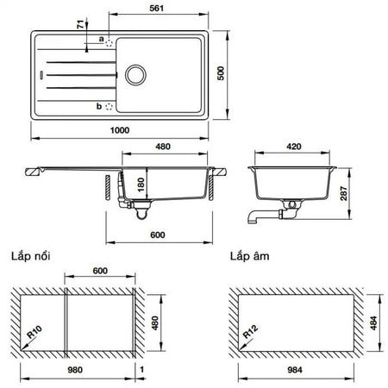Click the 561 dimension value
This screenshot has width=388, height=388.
156,8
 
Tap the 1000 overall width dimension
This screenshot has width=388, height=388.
120,130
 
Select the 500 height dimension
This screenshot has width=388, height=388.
221,73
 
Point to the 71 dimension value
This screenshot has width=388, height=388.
82,24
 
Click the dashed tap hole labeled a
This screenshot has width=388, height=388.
109,43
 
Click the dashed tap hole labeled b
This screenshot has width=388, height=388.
109,107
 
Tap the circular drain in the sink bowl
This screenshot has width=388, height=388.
135,75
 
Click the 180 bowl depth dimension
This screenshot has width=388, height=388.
141,185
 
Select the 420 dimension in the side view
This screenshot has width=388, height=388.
294,147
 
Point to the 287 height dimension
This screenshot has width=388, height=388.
344,193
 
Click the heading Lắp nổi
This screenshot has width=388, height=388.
31,256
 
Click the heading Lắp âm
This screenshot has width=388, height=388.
249,256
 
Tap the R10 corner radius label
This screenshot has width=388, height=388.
34,332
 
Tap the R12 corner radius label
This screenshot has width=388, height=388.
250,332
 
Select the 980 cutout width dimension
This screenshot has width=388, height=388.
75,370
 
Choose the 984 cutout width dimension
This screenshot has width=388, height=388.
295,370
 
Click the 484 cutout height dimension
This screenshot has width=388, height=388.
373,323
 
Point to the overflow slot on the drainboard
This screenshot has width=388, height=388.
42,75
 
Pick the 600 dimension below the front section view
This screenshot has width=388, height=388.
158,235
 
